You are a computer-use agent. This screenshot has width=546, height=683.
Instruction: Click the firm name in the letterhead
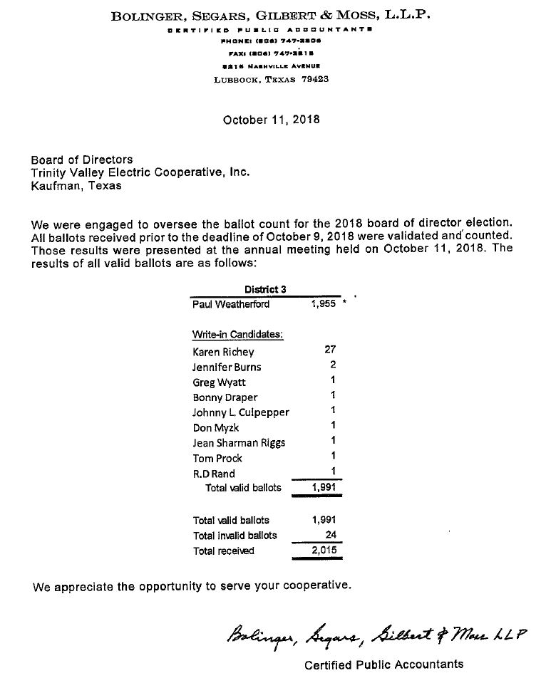point(271,16)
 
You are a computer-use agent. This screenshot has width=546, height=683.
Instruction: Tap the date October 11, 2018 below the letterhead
point(271,120)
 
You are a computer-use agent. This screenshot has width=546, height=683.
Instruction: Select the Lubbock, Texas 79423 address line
point(271,79)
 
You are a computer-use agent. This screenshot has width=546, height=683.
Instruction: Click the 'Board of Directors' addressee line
point(82,160)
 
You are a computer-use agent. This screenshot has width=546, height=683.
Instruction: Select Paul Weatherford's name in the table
point(231,304)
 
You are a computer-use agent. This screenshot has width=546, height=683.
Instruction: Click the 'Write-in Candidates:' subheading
point(237,335)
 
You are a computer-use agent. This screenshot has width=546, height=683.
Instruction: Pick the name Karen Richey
point(223,352)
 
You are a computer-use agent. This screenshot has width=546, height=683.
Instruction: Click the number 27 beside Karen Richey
point(329,350)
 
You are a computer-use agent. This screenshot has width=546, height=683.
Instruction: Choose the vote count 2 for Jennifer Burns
point(332,365)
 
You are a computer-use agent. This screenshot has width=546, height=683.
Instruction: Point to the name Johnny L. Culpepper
point(241,412)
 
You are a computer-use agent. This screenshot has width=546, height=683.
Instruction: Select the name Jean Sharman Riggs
point(239,443)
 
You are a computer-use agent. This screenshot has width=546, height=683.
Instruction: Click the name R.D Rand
point(214,474)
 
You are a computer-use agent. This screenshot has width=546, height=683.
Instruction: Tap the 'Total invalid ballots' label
point(235,536)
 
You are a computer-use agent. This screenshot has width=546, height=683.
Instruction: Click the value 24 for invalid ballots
point(329,535)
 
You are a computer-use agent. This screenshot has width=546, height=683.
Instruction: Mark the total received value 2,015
point(324,551)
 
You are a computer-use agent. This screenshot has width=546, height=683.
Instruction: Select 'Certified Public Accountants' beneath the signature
point(383,664)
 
